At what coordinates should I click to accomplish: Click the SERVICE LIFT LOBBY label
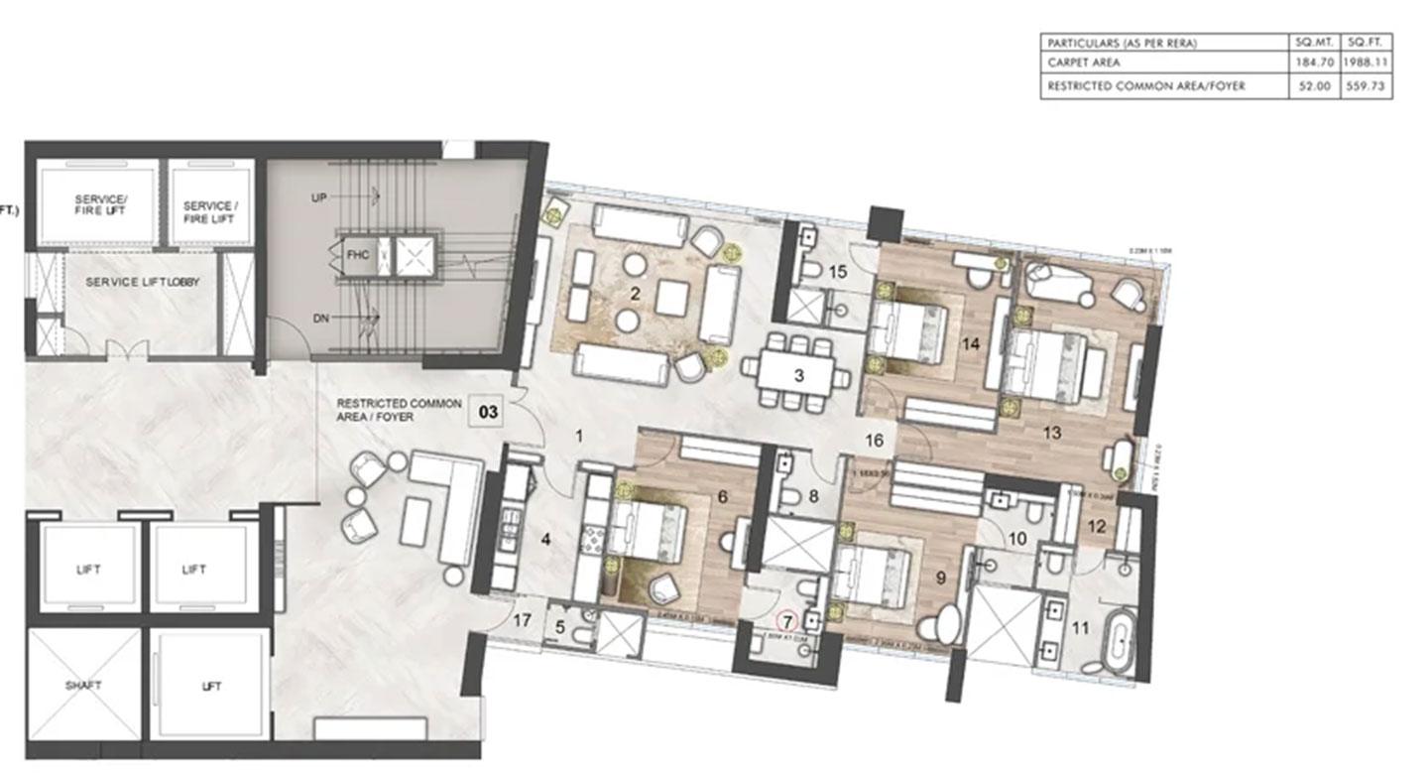tap(142, 283)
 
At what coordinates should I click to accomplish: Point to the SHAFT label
tap(84, 686)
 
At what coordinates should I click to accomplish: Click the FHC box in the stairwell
tap(357, 254)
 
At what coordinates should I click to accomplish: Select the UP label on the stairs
tap(318, 198)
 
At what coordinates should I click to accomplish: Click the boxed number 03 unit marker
tap(488, 411)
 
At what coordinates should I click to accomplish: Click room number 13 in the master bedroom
tap(1051, 433)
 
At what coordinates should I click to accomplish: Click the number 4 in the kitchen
tap(544, 541)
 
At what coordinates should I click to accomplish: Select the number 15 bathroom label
tap(838, 272)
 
